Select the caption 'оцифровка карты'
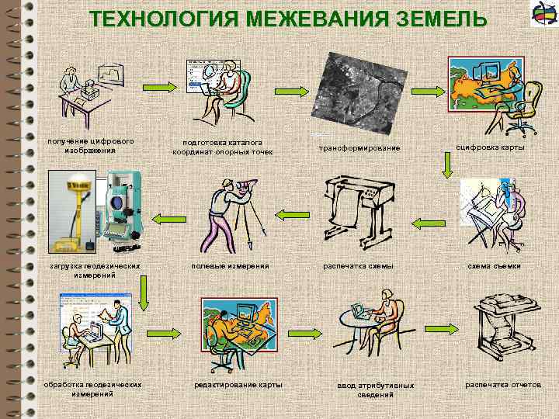tap(490, 147)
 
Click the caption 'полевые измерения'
tap(231, 266)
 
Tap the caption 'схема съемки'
tap(494, 266)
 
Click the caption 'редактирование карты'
tap(238, 385)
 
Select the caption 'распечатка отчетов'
tap(503, 384)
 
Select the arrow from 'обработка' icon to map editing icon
tap(165, 332)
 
